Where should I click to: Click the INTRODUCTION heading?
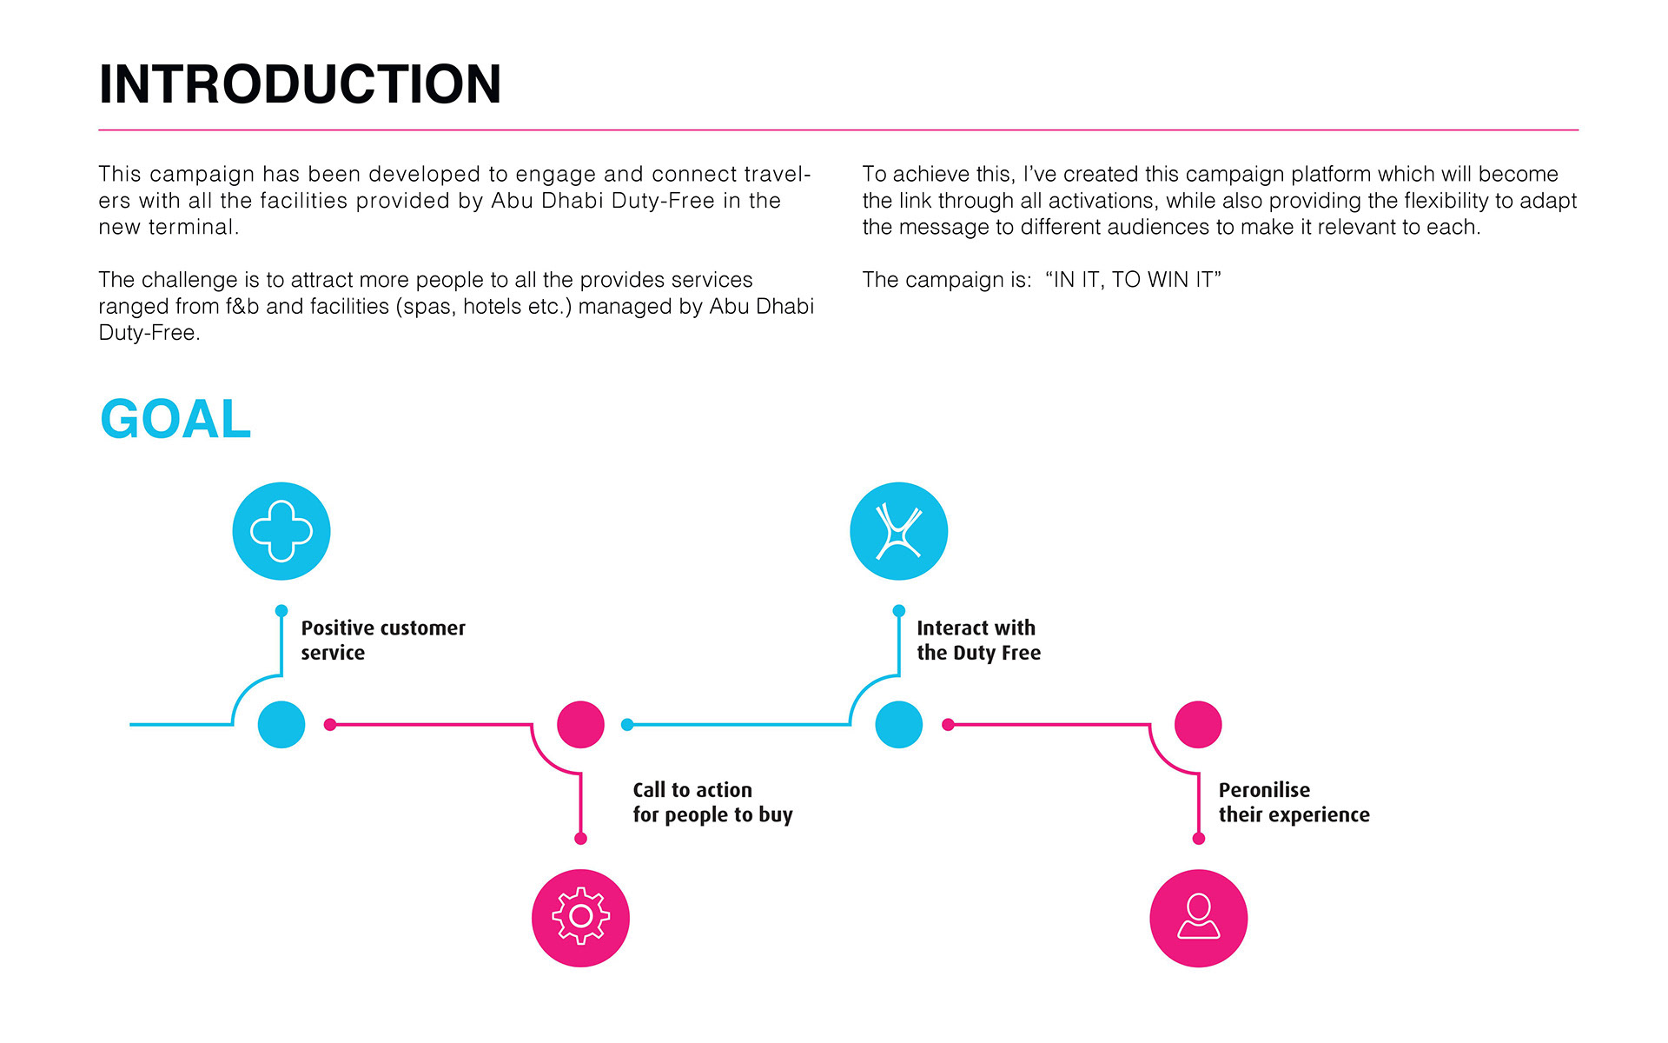click(300, 84)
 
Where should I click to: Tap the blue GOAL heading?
click(175, 419)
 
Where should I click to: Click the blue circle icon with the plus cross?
click(281, 531)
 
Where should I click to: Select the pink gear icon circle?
click(580, 918)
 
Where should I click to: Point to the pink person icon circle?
click(1198, 918)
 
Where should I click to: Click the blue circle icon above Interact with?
click(898, 531)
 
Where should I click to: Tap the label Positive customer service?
click(382, 641)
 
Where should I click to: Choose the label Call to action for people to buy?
click(712, 802)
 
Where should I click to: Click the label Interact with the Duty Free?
click(978, 641)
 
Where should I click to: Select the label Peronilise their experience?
click(1294, 802)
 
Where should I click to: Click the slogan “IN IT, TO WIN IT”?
click(1133, 280)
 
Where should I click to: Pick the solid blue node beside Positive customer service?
click(281, 724)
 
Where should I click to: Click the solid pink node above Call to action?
click(580, 724)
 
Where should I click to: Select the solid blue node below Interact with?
click(898, 724)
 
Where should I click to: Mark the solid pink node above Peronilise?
click(1198, 724)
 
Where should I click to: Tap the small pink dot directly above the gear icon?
click(580, 839)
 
